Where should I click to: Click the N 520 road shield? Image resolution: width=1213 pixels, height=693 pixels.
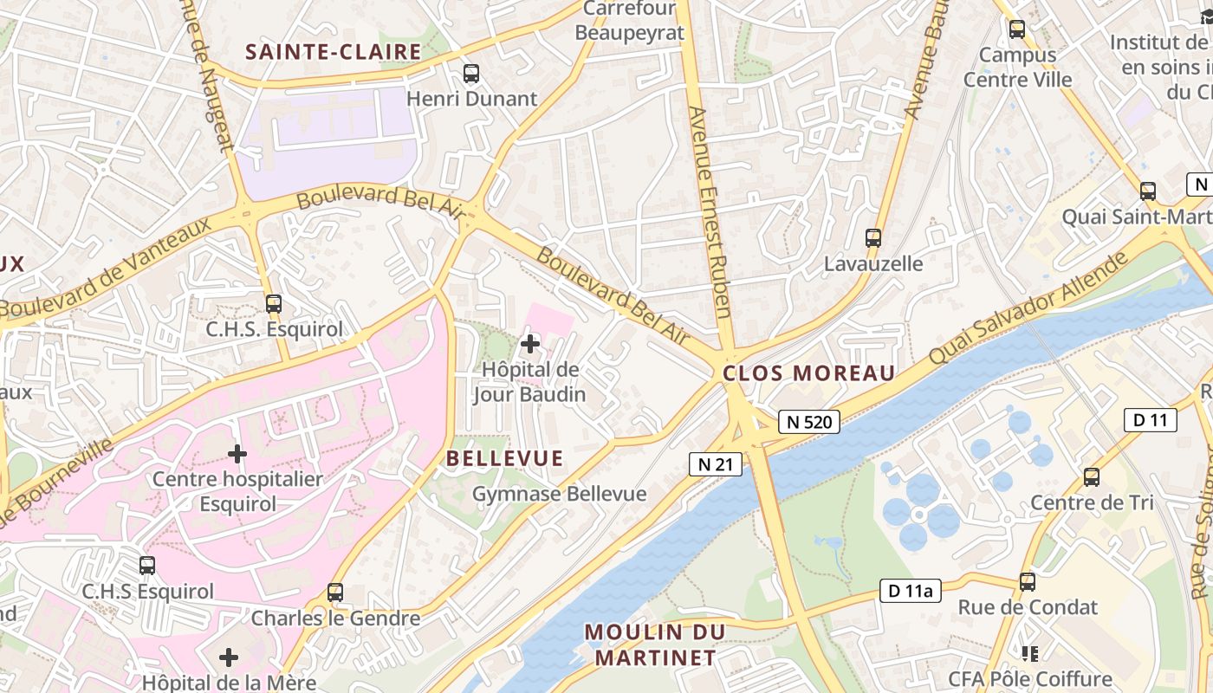point(810,422)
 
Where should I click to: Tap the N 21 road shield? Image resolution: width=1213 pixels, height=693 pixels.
point(716,464)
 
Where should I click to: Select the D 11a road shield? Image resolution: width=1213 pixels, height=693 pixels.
point(910,592)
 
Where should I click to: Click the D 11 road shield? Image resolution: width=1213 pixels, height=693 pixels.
point(1150,420)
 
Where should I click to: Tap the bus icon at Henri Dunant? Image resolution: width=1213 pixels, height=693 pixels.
point(471,74)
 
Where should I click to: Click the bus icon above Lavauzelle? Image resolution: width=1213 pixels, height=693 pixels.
point(873,238)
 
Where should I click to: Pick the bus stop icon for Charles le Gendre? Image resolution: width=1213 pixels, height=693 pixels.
point(335,593)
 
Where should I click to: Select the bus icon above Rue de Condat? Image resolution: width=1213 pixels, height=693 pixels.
point(1028,582)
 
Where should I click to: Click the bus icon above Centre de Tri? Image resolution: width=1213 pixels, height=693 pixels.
point(1092,477)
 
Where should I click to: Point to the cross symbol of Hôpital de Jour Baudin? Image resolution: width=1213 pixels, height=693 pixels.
point(529,345)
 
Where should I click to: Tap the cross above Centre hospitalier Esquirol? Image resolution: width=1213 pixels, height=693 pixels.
point(237,453)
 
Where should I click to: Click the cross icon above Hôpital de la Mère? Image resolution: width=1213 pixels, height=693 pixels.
point(229,657)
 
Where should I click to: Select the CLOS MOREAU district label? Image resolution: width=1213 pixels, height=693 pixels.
point(808,373)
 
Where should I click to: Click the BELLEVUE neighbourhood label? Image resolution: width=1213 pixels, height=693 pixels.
point(504,458)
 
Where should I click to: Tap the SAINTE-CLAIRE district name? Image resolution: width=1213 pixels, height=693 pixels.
point(333,52)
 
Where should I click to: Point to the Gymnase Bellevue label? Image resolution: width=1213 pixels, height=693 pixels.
point(559,494)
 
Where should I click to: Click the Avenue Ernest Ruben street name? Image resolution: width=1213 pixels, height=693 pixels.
point(708,212)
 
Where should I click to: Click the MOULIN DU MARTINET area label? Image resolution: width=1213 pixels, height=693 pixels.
point(654,644)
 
